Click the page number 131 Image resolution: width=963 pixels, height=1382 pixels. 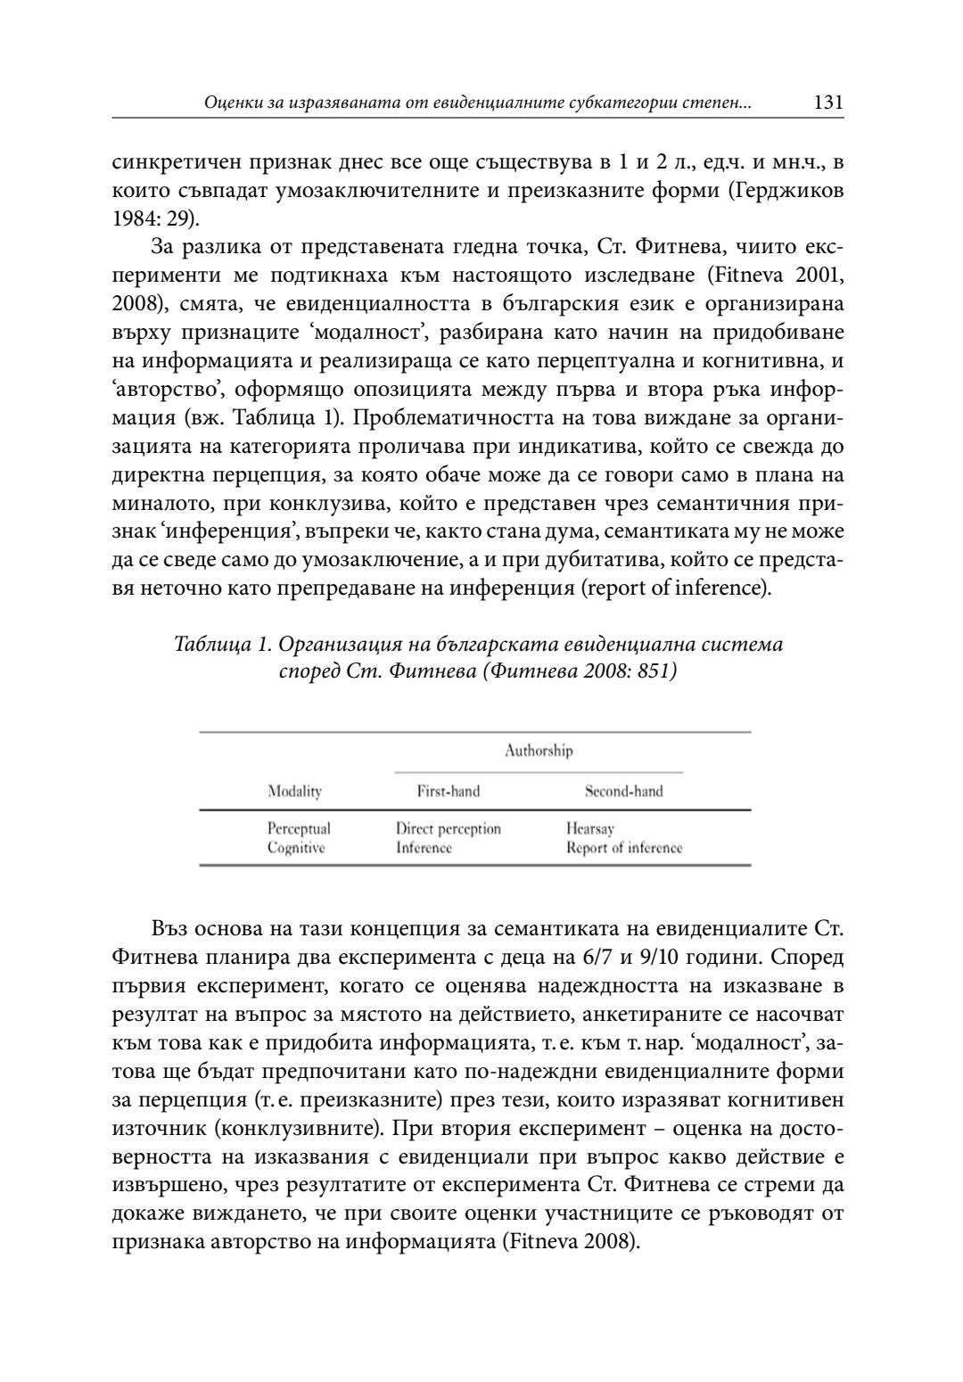tap(828, 103)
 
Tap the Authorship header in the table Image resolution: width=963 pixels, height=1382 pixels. tap(539, 751)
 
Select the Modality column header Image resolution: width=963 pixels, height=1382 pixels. tap(294, 791)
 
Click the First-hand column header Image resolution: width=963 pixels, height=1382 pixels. tap(448, 791)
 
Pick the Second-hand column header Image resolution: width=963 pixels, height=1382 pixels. tap(623, 791)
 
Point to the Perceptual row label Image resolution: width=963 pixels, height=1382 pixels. tap(299, 828)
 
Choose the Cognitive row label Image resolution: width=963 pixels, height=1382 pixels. tap(296, 848)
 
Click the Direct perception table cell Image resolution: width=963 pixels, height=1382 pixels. tap(448, 828)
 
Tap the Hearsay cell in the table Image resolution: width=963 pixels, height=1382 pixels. tap(589, 828)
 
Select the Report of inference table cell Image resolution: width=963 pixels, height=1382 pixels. tap(623, 848)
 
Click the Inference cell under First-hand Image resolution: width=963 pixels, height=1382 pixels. tap(424, 848)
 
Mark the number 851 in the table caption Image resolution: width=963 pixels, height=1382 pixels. tap(651, 670)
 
